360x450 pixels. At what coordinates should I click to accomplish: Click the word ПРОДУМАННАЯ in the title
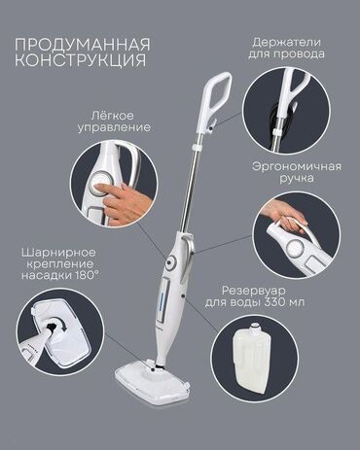83,45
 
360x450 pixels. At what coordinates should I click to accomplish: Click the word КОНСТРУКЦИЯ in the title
81,60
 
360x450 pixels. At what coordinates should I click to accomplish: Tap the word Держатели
287,42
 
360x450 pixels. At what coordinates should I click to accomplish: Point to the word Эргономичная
297,166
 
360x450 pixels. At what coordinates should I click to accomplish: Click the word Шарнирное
58,253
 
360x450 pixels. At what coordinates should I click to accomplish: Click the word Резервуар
253,291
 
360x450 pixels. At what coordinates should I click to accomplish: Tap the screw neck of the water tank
255,328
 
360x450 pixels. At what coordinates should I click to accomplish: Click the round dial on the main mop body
171,262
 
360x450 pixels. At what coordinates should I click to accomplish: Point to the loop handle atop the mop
216,96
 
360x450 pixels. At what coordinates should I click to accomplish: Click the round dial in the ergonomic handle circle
295,249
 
